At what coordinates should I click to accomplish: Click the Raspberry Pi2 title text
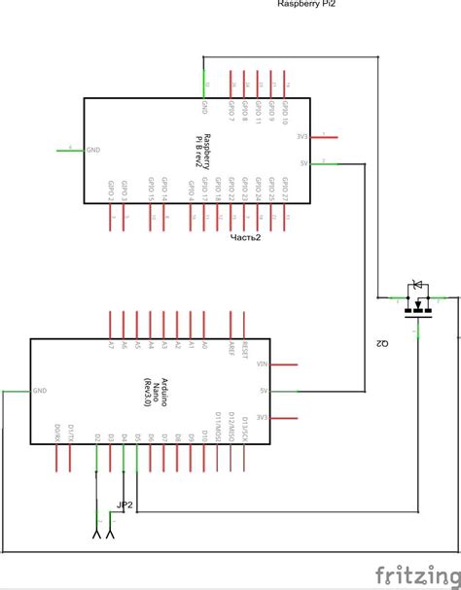coord(307,4)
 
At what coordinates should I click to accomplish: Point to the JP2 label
coord(124,505)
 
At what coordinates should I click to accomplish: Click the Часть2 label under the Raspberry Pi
coord(245,237)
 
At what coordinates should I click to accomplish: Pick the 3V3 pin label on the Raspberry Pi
coord(302,137)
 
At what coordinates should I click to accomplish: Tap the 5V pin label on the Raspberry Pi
coord(303,163)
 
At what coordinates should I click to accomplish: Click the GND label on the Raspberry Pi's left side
coord(93,150)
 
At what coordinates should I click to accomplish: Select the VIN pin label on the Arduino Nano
coord(260,364)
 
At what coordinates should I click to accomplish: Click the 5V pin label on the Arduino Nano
coord(263,391)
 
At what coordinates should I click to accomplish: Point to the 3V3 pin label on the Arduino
coord(261,417)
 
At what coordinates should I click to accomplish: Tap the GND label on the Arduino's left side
coord(39,391)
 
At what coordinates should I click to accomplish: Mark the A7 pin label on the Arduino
coord(111,345)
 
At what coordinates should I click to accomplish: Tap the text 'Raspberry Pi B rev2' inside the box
coord(198,151)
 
